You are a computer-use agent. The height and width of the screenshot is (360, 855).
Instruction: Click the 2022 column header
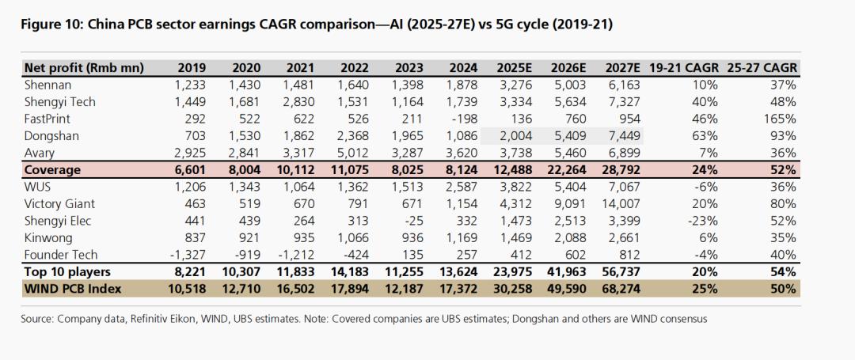pos(355,68)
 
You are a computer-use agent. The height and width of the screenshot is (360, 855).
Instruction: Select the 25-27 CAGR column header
pos(762,68)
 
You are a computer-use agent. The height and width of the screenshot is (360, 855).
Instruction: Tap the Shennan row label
pos(48,85)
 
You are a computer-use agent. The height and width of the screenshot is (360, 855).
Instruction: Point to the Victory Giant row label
pos(60,203)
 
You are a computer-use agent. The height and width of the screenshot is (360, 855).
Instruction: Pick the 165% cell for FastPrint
pos(782,119)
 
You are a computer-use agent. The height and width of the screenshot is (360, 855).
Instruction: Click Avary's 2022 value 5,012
pos(354,153)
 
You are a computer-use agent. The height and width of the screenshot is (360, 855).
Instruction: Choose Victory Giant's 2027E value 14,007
pos(622,203)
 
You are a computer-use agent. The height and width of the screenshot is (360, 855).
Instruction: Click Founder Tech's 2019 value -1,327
pos(188,254)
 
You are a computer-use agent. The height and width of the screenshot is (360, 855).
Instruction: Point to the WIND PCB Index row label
pos(72,289)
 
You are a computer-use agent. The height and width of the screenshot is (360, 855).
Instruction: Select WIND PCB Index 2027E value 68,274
pos(622,289)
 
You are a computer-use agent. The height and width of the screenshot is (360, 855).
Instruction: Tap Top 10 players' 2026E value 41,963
pos(568,271)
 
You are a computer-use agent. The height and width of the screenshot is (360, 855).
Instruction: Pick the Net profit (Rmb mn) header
pos(84,68)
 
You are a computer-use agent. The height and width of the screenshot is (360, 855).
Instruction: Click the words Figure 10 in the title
pos(45,25)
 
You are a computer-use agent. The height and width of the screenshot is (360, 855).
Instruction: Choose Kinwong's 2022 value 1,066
pos(355,237)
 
